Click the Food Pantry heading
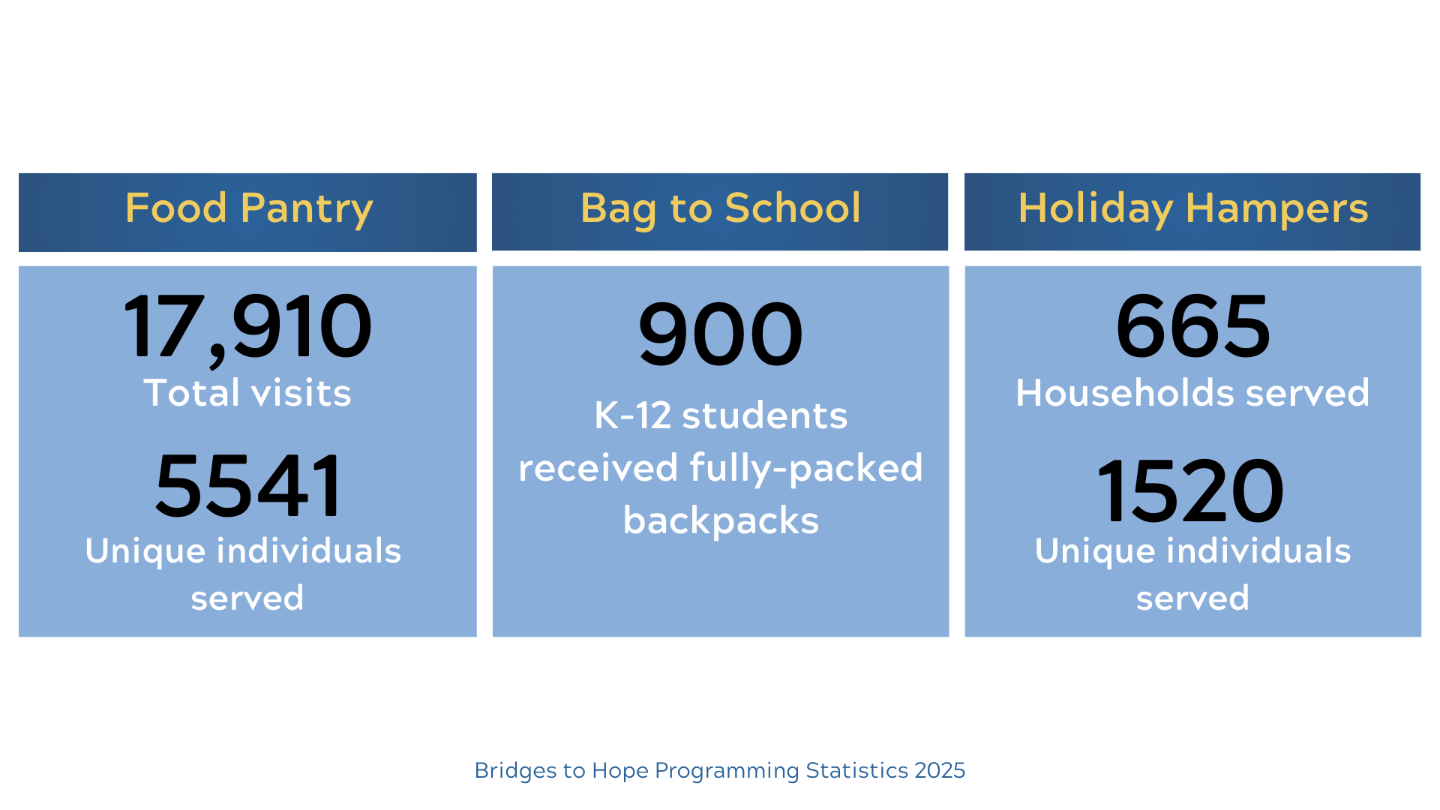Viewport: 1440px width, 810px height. tap(248, 208)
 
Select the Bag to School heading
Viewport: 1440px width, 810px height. tap(720, 208)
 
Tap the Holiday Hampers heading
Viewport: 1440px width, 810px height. tap(1192, 208)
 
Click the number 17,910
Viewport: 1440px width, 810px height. tap(247, 327)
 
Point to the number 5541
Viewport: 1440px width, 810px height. tap(248, 486)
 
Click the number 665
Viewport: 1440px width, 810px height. tap(1192, 327)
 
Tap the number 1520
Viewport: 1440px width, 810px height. tap(1190, 491)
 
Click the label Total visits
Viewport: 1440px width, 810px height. tap(247, 393)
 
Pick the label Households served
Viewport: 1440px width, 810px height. tap(1192, 393)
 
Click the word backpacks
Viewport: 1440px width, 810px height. tap(721, 520)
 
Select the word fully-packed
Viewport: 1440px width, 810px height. tap(805, 469)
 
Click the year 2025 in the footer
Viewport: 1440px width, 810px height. tap(940, 770)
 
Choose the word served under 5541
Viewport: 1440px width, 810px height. tap(247, 598)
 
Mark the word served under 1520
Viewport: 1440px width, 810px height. tap(1192, 598)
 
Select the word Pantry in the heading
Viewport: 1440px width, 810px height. tap(307, 208)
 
